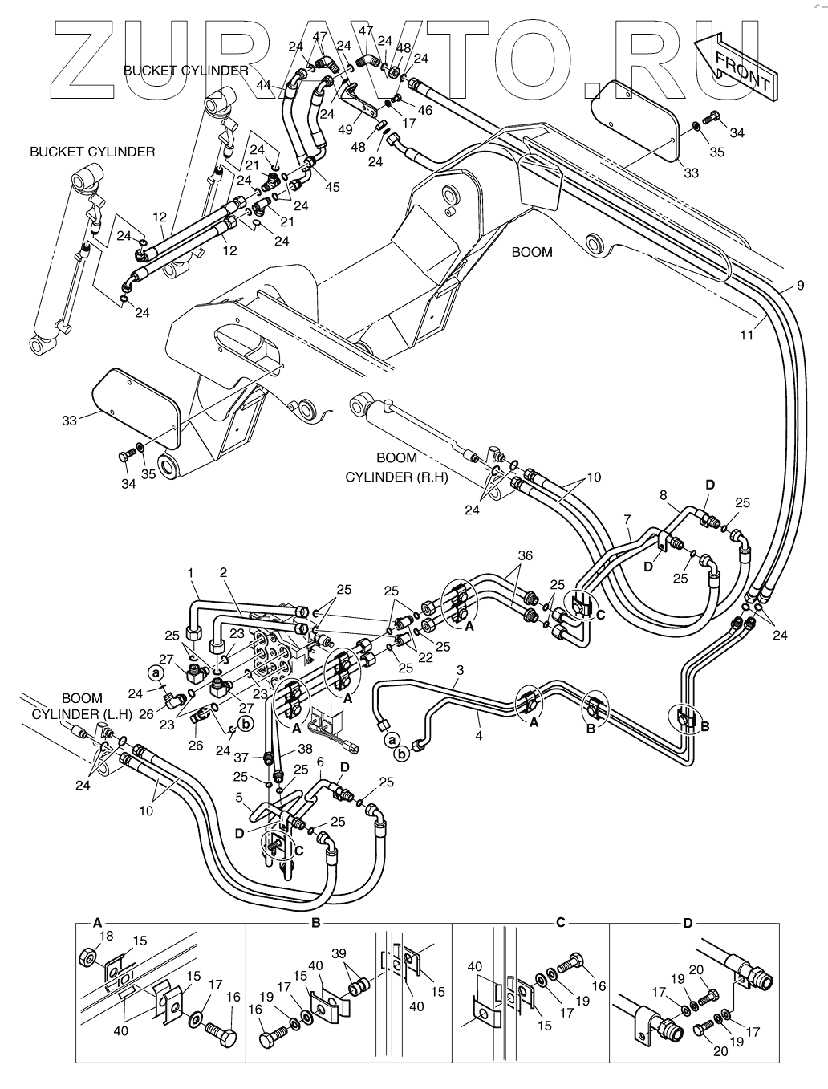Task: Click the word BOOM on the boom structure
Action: [x=532, y=252]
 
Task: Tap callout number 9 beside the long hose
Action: [x=801, y=285]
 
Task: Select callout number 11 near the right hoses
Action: [x=747, y=335]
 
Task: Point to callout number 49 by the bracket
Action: [x=345, y=129]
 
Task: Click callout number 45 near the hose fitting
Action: [x=332, y=186]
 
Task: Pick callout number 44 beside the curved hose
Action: [x=264, y=85]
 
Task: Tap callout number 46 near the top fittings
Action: [x=424, y=110]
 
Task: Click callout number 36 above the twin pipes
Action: [x=525, y=555]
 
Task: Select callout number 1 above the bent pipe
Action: [x=190, y=572]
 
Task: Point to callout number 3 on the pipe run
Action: [x=460, y=670]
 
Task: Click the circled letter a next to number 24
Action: [x=155, y=673]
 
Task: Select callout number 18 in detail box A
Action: [x=106, y=936]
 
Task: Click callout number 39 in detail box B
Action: [x=339, y=953]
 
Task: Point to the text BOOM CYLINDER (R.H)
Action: [x=396, y=467]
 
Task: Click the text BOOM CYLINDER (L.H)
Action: [x=83, y=706]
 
